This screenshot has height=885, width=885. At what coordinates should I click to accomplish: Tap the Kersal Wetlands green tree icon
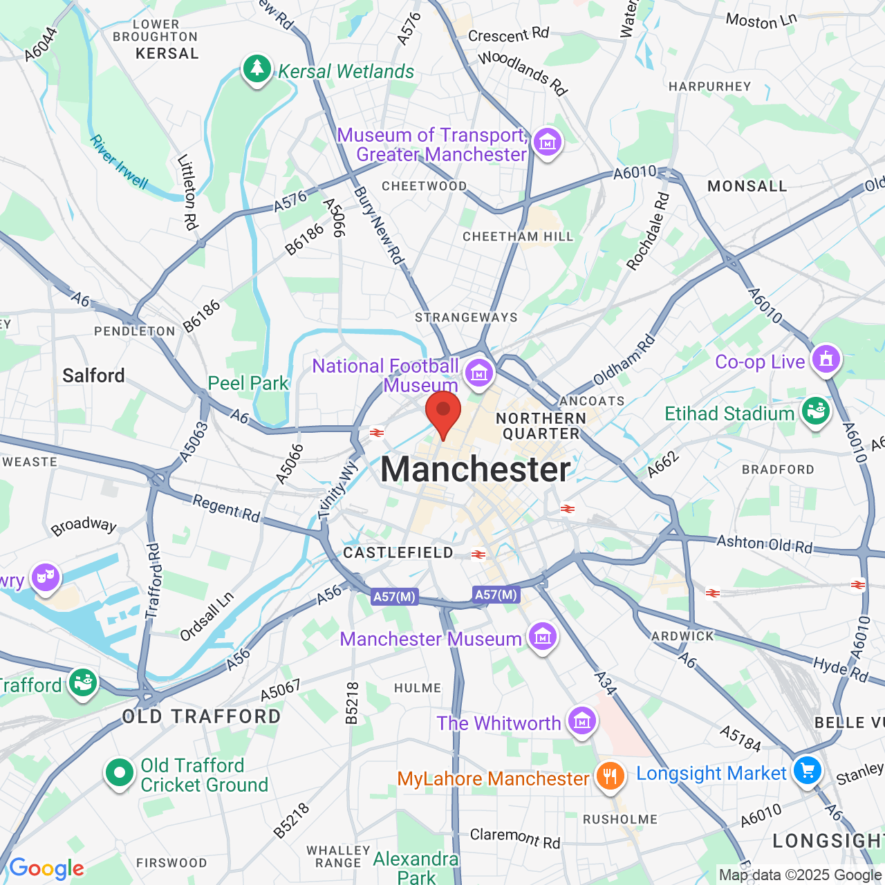click(x=257, y=68)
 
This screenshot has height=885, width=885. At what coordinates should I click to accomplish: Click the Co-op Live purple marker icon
click(x=826, y=360)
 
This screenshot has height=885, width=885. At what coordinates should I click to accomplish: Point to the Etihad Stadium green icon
click(x=815, y=411)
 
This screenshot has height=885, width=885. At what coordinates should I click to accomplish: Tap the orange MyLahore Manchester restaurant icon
click(x=609, y=776)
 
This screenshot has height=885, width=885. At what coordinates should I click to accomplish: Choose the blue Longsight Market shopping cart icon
click(x=807, y=770)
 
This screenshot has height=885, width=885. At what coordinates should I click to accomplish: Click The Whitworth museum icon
click(x=581, y=721)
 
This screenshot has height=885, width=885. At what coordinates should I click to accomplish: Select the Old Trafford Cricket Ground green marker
click(x=119, y=773)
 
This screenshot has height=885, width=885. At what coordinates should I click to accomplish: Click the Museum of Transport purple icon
click(x=547, y=143)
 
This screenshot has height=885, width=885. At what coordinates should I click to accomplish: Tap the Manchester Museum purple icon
click(x=542, y=637)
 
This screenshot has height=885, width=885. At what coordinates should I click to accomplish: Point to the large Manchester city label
click(x=476, y=469)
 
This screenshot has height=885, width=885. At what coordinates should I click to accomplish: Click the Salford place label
click(x=93, y=375)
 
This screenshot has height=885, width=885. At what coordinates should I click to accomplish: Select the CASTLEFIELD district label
click(x=398, y=552)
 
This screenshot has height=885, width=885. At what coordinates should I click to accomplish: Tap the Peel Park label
click(x=248, y=383)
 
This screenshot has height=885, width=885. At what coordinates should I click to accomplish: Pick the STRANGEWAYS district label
click(x=466, y=317)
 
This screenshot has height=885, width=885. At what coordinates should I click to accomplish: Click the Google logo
click(x=46, y=868)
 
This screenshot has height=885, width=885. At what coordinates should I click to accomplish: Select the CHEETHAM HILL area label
click(x=518, y=236)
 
